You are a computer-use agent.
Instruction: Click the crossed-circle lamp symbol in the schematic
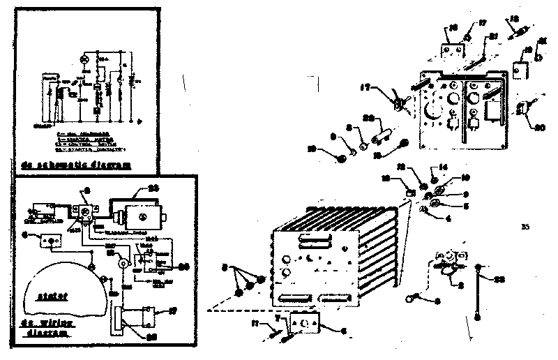(x=84, y=62)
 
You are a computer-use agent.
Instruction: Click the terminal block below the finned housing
(x=303, y=323)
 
